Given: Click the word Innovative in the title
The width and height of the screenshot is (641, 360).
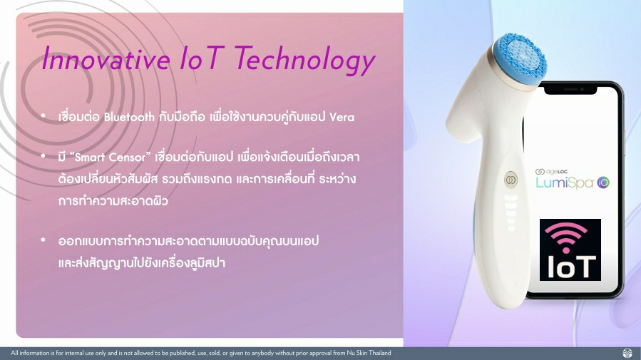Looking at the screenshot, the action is point(106,58).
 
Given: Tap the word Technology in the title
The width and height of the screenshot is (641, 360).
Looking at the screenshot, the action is point(305,60).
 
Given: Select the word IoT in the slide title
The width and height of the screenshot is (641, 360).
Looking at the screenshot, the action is point(202,58).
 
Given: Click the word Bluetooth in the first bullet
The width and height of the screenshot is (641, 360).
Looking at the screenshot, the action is point(129,118).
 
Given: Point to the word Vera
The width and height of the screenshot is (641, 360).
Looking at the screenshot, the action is point(342,118).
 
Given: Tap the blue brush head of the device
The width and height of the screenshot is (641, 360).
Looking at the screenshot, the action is point(519,59).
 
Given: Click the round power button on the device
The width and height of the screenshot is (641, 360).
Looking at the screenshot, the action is point(511,180).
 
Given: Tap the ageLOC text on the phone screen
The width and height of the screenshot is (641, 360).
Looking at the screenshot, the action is point(552,172).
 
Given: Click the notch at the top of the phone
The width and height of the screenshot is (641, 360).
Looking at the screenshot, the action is point(570,90).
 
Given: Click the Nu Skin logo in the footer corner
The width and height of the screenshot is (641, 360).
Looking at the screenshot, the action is point(627,353).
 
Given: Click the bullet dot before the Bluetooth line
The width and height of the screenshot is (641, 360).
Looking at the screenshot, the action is point(43,116).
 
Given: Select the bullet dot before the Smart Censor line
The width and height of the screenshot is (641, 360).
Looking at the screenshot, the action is point(43,155).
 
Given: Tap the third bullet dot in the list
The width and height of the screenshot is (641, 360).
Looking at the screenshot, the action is point(43,240).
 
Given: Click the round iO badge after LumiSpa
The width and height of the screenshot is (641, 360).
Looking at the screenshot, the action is point(603,182).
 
